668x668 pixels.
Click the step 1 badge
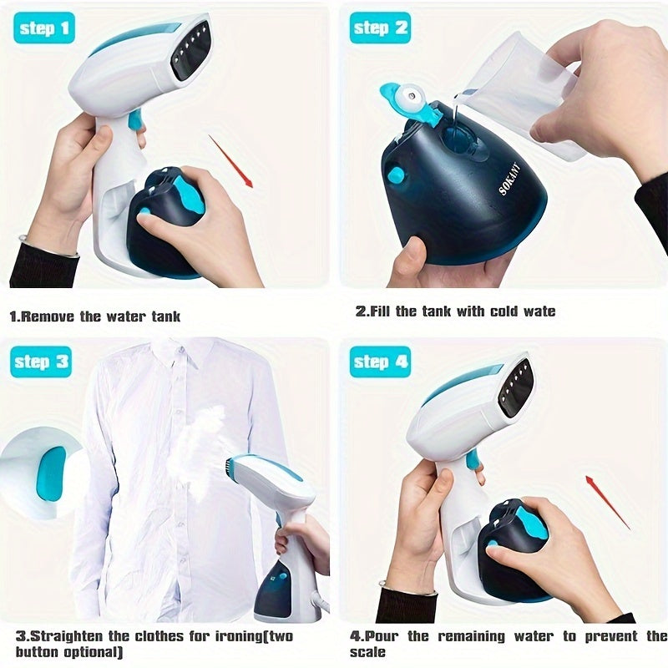tap(43, 29)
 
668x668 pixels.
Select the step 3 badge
tap(42, 362)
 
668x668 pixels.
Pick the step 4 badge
tap(380, 362)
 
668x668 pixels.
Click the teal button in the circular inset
tap(52, 473)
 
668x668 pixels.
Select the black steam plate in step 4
tap(515, 386)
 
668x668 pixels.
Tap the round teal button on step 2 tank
tap(396, 175)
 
